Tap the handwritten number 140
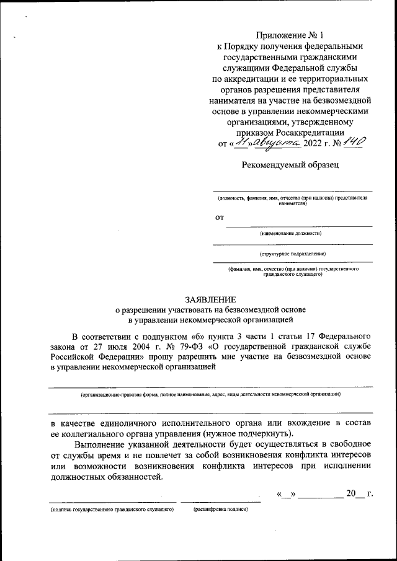351,143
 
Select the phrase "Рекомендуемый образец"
290,164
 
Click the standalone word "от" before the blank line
219,218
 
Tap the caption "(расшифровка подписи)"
220,509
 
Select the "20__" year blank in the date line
352,494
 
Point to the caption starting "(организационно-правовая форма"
210,394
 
